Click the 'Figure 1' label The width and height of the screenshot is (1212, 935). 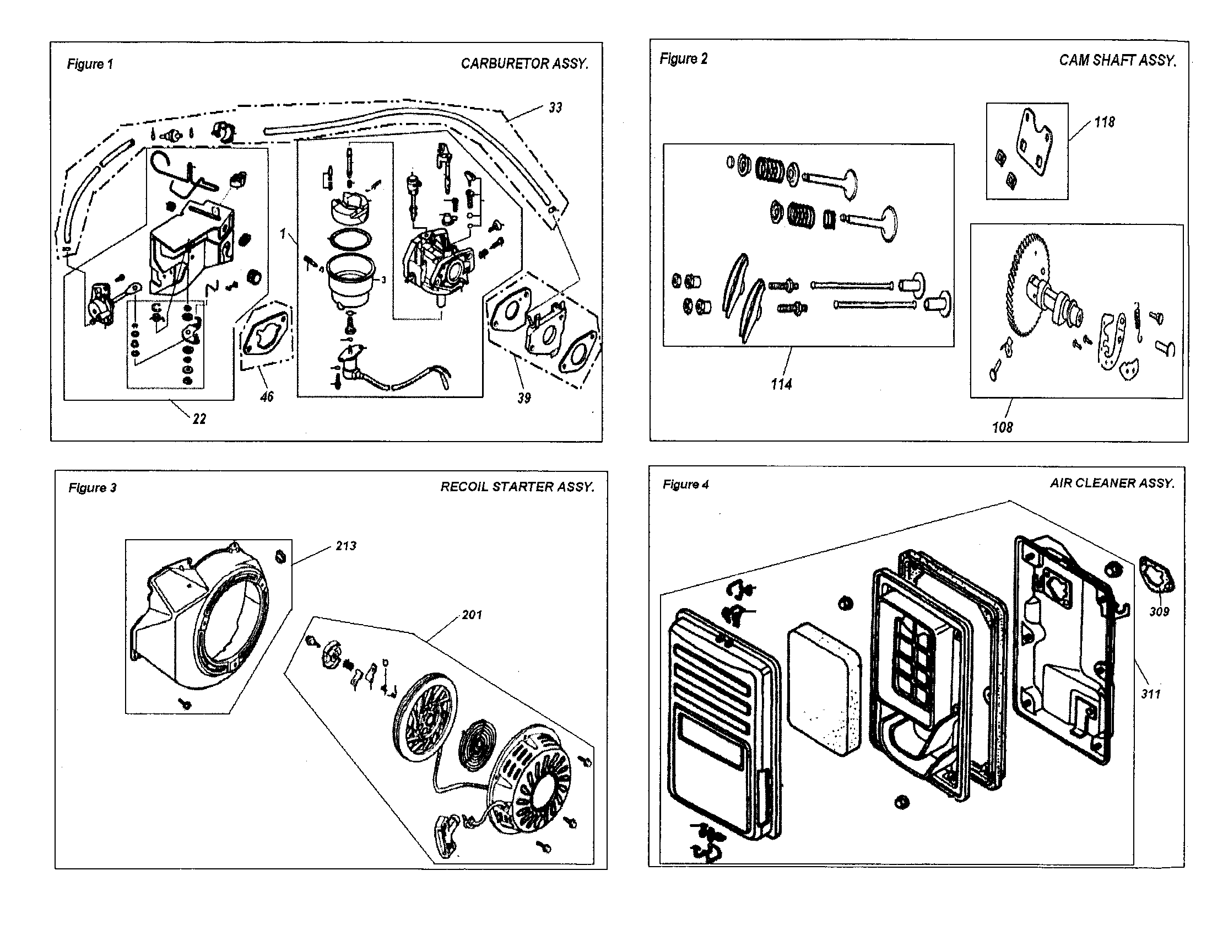pyautogui.click(x=90, y=65)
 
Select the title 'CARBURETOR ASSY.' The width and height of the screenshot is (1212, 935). pyautogui.click(x=524, y=64)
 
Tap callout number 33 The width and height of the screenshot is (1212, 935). pyautogui.click(x=555, y=108)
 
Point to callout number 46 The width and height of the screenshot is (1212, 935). pyautogui.click(x=267, y=396)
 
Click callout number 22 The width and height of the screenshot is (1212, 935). pyautogui.click(x=199, y=419)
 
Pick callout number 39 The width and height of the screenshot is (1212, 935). pyautogui.click(x=524, y=398)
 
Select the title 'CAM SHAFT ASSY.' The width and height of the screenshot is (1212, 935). pyautogui.click(x=1117, y=61)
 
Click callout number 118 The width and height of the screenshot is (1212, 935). pyautogui.click(x=1104, y=122)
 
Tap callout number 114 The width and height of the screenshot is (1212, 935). pyautogui.click(x=781, y=384)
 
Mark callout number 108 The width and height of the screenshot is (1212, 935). pyautogui.click(x=1002, y=427)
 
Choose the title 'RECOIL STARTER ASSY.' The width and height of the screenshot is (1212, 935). pyautogui.click(x=517, y=487)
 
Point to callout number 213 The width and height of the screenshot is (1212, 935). pyautogui.click(x=346, y=546)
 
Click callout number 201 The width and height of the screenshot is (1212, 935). pyautogui.click(x=472, y=615)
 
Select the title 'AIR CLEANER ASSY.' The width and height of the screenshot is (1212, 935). pyautogui.click(x=1112, y=483)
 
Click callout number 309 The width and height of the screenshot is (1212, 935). pyautogui.click(x=1159, y=611)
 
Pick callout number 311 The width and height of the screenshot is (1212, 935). pyautogui.click(x=1150, y=694)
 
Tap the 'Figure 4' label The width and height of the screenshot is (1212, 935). pyautogui.click(x=685, y=485)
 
